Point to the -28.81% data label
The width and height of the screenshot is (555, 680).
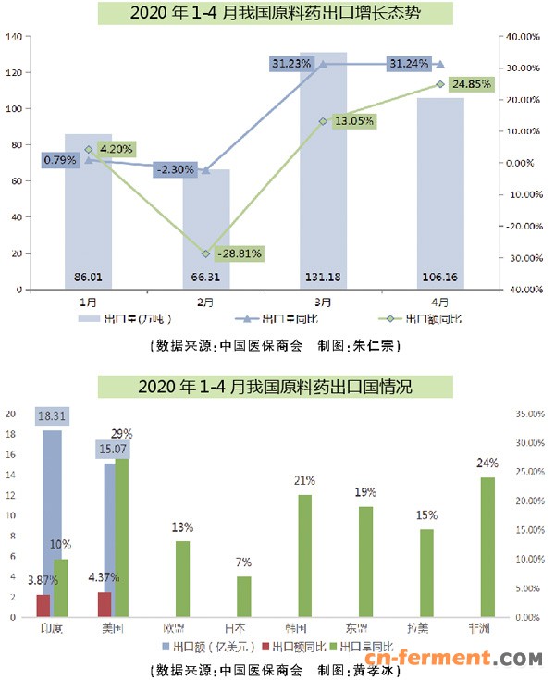pyautogui.click(x=238, y=252)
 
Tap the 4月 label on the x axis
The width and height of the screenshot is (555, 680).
pyautogui.click(x=440, y=301)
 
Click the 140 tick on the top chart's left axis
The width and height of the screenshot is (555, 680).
pyautogui.click(x=14, y=37)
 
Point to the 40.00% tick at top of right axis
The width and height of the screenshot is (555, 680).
pyautogui.click(x=524, y=37)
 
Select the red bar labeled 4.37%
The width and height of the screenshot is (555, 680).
pyautogui.click(x=105, y=604)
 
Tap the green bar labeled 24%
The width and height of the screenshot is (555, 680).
pyautogui.click(x=487, y=546)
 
